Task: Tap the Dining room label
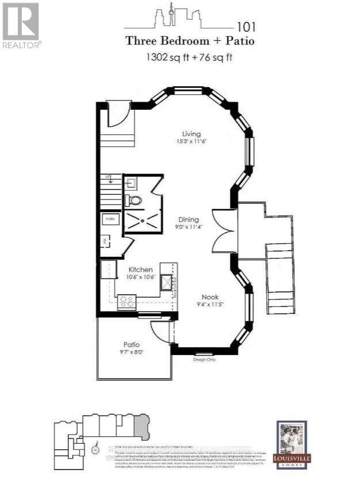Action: coord(188,220)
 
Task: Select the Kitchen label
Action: coord(140,270)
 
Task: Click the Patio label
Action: coord(131,345)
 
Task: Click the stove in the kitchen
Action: coord(126,301)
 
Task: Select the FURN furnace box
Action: coord(109,219)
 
